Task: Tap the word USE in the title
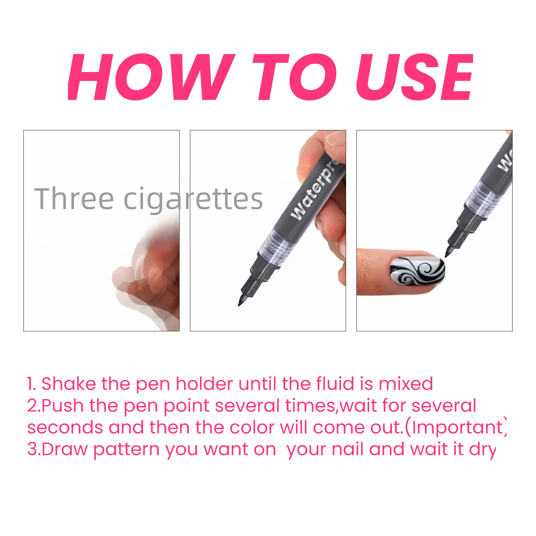(415, 77)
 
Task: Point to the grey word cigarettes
(193, 200)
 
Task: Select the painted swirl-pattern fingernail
(417, 271)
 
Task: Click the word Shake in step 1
(69, 384)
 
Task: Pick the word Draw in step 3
(65, 449)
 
